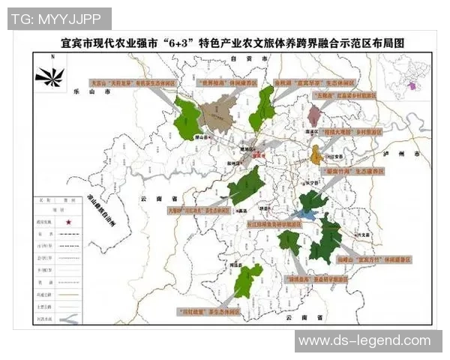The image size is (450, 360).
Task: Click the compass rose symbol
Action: click(49, 75)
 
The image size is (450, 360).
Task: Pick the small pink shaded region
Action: click(315, 115)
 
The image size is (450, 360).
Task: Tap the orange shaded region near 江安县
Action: click(316, 155)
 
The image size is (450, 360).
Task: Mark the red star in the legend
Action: click(69, 222)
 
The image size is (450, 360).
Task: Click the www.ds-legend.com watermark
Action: click(364, 341)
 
